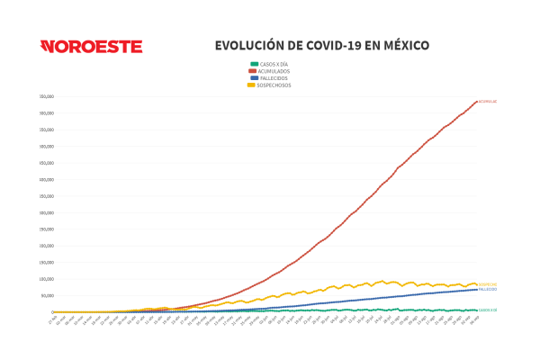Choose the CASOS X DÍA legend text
click(x=274, y=65)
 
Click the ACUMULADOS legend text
click(x=274, y=71)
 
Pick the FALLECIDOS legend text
click(x=273, y=77)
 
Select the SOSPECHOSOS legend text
click(x=274, y=85)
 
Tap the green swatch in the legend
click(x=254, y=65)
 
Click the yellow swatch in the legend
click(x=254, y=85)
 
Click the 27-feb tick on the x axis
click(x=52, y=319)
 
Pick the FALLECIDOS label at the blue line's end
click(x=488, y=290)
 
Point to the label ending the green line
click(x=488, y=310)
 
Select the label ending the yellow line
click(x=488, y=284)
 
